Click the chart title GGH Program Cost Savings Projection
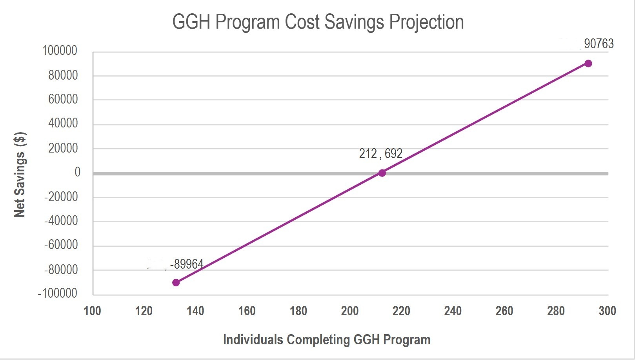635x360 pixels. coord(318,22)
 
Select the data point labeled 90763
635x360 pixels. coord(588,64)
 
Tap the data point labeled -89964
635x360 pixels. coord(176,282)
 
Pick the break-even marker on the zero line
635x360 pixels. coord(382,173)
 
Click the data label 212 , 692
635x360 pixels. coord(380,154)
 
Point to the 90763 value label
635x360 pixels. coord(599,44)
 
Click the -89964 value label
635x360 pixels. coord(187,264)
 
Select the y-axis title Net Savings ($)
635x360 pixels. coord(20,175)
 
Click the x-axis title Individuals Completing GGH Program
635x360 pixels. coord(327,340)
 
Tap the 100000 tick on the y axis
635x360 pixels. coord(60,51)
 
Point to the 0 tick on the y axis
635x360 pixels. coord(77,172)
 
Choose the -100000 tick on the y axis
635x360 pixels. coord(58,293)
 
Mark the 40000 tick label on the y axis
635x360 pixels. coord(63,124)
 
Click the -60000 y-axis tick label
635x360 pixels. coord(61,245)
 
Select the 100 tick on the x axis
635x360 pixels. coord(93,311)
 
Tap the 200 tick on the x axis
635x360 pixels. coord(350,311)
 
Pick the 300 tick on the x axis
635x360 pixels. coord(607,311)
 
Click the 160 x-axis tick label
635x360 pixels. coord(247,311)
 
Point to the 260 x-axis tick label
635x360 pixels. coord(504,311)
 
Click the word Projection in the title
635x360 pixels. coord(426,22)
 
